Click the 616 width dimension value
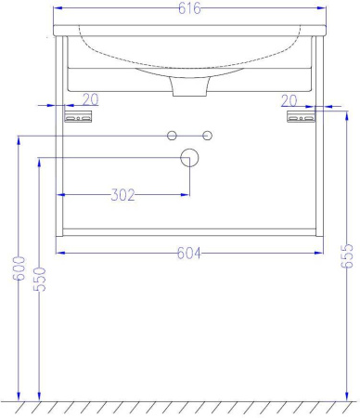click(x=189, y=8)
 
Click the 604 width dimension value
click(x=189, y=253)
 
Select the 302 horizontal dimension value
click(x=122, y=195)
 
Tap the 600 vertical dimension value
click(x=19, y=268)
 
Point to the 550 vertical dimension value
click(x=40, y=280)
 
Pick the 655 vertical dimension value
click(x=347, y=255)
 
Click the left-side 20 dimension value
click(x=91, y=99)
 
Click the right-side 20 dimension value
click(x=289, y=100)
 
